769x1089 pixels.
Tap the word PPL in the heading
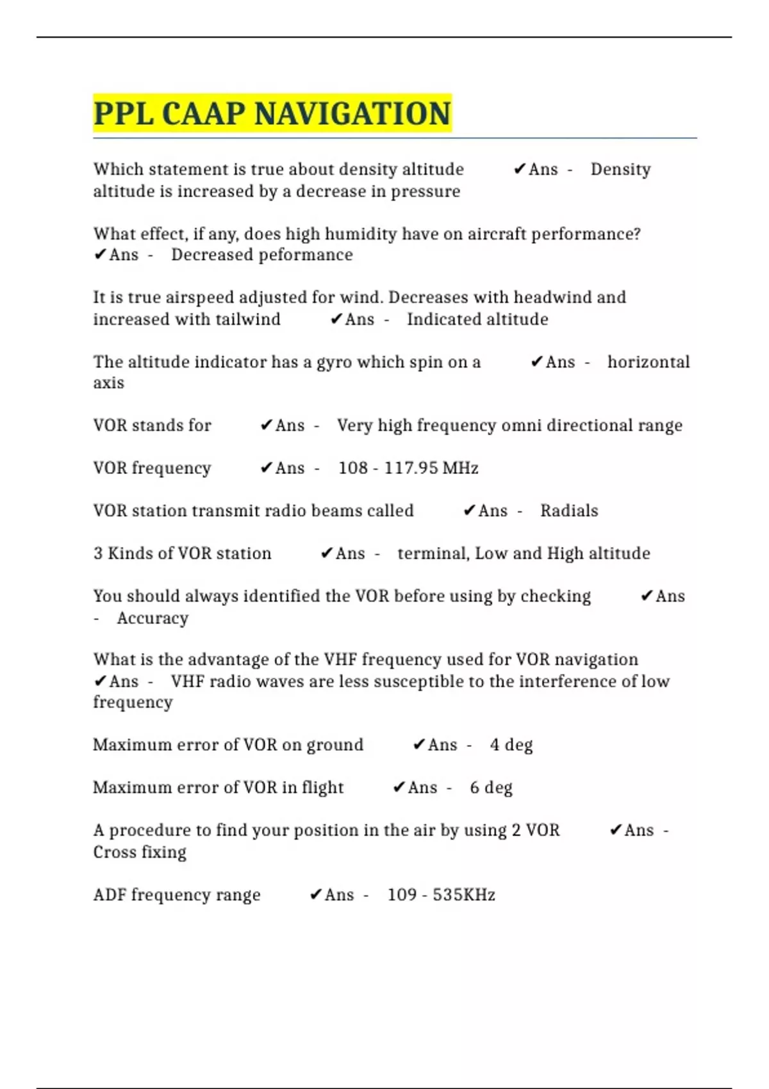pos(124,114)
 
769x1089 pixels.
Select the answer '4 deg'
pos(511,745)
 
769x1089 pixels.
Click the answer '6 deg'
pos(491,787)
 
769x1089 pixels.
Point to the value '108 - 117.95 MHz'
pos(408,468)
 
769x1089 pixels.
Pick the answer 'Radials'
pos(569,511)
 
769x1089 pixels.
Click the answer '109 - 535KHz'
pos(441,894)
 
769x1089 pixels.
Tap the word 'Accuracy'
pos(153,618)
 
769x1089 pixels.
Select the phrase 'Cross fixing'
pos(140,852)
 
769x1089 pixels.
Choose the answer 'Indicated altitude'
pos(477,319)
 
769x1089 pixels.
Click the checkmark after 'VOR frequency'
pos(267,468)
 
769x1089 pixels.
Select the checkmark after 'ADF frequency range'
pos(316,894)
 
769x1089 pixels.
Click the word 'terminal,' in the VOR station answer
pos(433,553)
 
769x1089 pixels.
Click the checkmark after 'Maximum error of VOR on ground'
pos(419,745)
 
